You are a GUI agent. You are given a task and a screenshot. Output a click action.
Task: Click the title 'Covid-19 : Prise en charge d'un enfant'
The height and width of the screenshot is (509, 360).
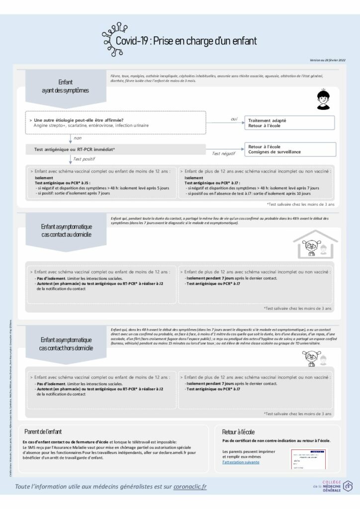click(x=186, y=41)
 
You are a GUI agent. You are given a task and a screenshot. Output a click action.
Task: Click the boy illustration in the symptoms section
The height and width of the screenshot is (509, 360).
click(x=324, y=100)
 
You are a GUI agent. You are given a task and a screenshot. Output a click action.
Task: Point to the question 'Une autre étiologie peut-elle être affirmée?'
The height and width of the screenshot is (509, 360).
click(x=79, y=120)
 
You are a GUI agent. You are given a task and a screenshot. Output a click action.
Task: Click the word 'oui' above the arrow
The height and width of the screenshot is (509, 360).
click(x=234, y=119)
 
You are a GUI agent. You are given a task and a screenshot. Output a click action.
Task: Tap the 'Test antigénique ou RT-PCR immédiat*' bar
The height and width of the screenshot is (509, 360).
click(x=75, y=149)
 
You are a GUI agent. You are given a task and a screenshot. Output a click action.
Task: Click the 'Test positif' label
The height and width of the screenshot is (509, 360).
click(x=84, y=159)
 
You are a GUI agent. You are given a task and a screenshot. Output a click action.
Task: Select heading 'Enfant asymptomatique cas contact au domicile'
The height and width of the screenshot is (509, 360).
click(x=66, y=230)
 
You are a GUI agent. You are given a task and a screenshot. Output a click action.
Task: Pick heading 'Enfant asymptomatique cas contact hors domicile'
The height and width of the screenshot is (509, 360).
click(x=66, y=343)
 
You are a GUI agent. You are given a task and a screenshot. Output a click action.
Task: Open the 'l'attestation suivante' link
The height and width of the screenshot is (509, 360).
click(x=241, y=462)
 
